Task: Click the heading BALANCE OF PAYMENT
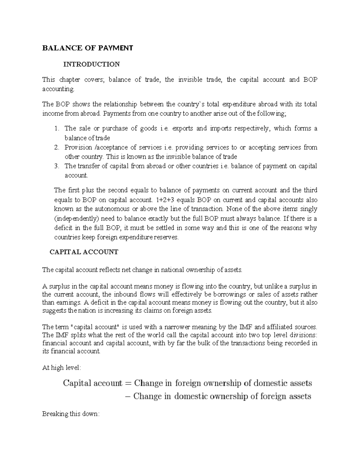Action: point(87,48)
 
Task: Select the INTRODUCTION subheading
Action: point(91,64)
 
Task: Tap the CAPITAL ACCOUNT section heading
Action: point(84,252)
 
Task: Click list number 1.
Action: point(57,129)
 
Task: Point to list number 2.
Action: point(57,148)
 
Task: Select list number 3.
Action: point(57,166)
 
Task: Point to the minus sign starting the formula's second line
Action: point(127,396)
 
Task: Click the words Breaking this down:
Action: point(70,414)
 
